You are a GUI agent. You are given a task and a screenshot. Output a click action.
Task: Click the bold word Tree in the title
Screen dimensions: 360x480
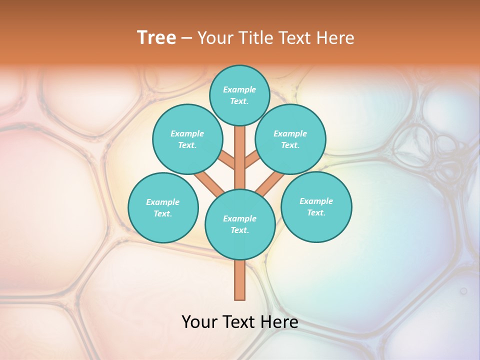(156, 38)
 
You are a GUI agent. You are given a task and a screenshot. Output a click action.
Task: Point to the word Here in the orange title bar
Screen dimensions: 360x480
(335, 38)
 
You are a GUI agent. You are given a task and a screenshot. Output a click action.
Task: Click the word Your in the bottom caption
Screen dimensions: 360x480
(199, 322)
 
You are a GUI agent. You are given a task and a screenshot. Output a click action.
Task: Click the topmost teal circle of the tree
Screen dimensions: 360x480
(239, 95)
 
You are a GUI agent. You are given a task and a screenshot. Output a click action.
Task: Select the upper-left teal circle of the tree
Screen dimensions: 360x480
(187, 139)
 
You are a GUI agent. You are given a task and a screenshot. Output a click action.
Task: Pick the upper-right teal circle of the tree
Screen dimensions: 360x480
(290, 139)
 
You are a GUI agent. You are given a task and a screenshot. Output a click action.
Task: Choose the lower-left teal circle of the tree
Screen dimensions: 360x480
(163, 207)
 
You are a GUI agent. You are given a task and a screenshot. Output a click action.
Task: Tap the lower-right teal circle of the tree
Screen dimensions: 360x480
(316, 206)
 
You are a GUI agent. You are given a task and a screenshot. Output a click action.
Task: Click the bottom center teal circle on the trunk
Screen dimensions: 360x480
(240, 224)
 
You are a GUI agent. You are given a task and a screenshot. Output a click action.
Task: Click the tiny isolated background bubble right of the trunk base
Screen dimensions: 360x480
(463, 290)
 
